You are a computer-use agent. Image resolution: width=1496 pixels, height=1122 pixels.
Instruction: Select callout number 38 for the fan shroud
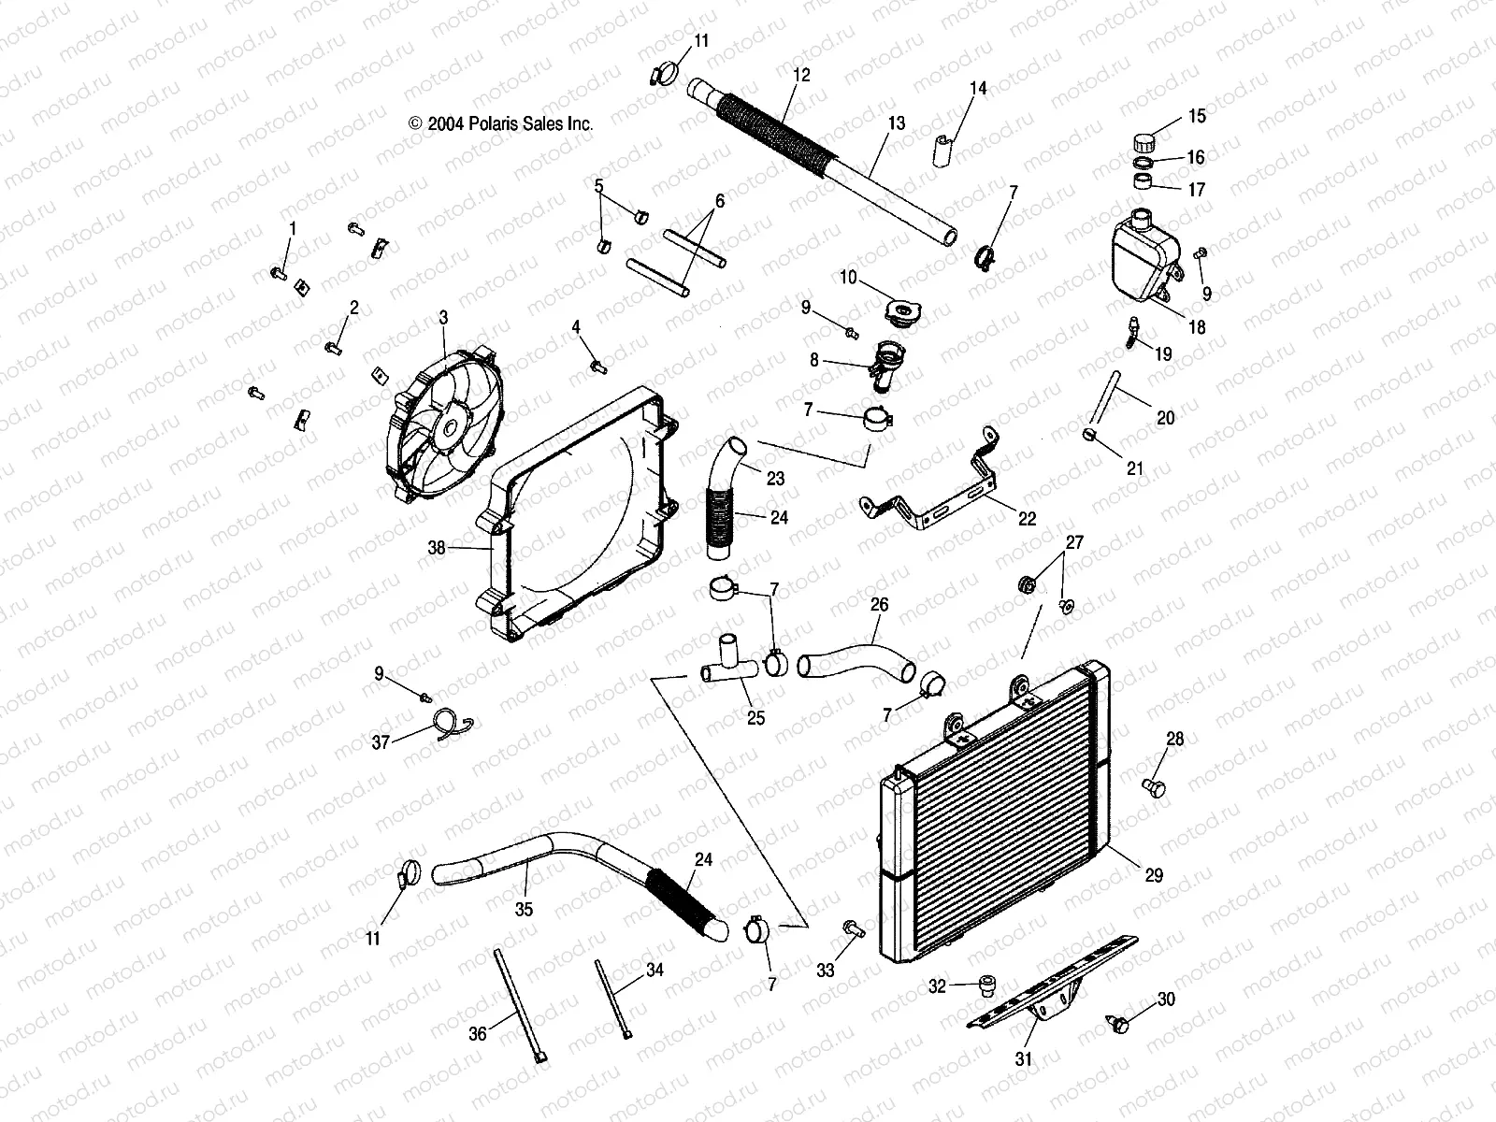coord(437,549)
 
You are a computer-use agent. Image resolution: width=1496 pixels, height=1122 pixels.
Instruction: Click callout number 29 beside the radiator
coord(1154,875)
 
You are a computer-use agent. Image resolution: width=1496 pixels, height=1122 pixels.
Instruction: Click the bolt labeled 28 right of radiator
coord(1156,787)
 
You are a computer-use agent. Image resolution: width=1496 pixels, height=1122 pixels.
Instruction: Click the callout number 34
coord(654,971)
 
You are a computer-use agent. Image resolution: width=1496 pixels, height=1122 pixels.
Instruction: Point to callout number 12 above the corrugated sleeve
coord(800,74)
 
